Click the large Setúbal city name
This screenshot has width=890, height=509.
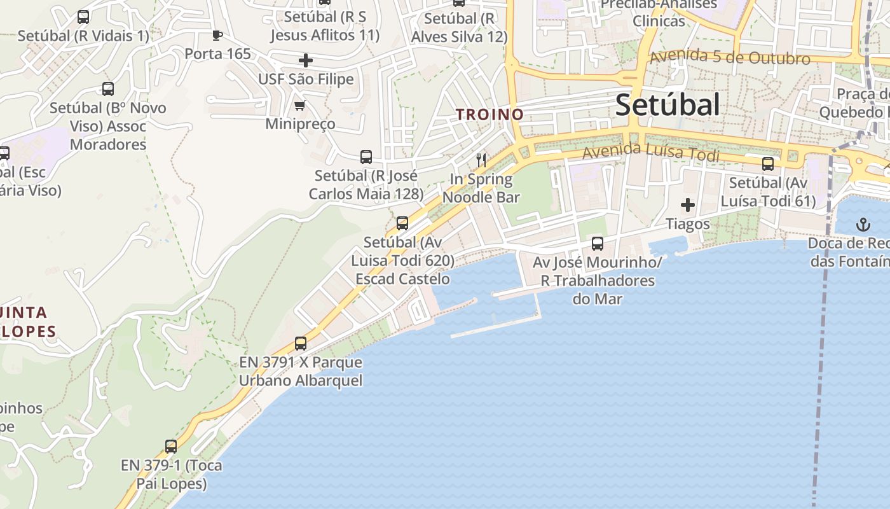point(667,105)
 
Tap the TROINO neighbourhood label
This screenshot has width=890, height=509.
point(489,115)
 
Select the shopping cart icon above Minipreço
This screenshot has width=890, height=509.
point(299,105)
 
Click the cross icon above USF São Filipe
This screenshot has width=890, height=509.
point(306,60)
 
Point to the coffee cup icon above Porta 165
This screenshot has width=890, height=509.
point(217,35)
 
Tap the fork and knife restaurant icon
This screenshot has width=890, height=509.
point(481,160)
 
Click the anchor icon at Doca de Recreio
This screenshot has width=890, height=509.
point(863,224)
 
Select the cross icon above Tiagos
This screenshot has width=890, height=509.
point(687,205)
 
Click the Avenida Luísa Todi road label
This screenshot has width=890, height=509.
point(650,153)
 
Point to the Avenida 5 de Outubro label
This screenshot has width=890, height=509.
point(729,57)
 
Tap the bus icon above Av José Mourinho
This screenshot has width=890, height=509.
point(597,243)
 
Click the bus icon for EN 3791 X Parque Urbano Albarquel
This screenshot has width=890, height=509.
point(301,344)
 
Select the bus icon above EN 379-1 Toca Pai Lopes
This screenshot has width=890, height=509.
point(170,446)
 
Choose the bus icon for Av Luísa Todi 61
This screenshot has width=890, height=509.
point(768,164)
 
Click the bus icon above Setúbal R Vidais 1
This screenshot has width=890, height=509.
point(83,17)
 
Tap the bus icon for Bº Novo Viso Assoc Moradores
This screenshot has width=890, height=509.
point(108,89)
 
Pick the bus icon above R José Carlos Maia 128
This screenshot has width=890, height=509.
point(366,157)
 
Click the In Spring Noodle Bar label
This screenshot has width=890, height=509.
point(481,188)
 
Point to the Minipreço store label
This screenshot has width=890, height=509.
point(300,123)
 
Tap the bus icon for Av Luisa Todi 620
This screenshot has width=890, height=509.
point(402,223)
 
